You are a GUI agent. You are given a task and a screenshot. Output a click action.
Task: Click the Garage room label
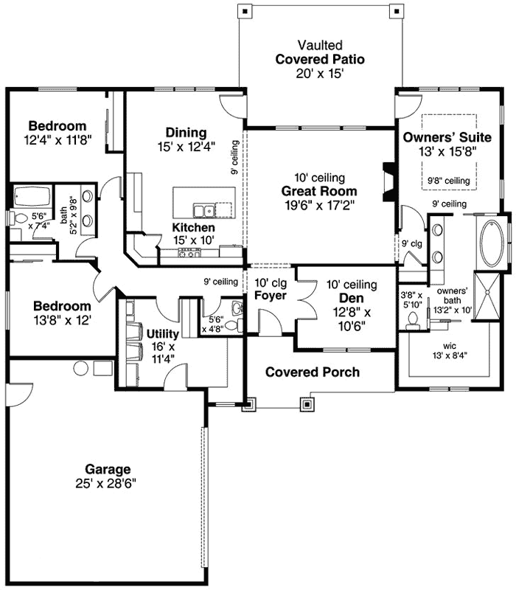[x=108, y=469]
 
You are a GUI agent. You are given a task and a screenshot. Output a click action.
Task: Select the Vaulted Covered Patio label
[x=320, y=59]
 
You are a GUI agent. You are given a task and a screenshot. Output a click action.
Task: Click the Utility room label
[x=162, y=333]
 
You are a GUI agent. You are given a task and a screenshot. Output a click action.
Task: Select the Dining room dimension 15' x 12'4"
[x=186, y=146]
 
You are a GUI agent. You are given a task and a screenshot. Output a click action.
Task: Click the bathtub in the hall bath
[x=32, y=197]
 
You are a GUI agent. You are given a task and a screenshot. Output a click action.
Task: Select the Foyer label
[x=271, y=296]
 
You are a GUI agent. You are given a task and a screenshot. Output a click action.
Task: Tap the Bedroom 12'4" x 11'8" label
[x=57, y=125]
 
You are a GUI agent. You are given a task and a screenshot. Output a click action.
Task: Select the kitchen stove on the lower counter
[x=190, y=252]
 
